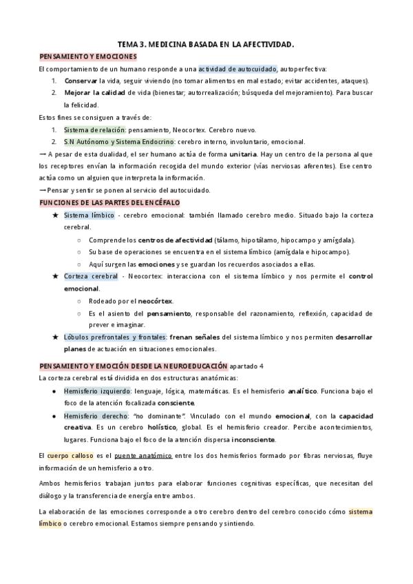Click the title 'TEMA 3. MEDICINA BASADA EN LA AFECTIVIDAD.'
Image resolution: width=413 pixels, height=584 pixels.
(206, 44)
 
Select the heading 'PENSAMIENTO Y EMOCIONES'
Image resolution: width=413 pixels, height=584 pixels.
(88, 56)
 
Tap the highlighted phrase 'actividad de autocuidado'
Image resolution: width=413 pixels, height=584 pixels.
(237, 68)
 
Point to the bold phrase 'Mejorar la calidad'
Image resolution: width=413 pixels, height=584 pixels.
(94, 93)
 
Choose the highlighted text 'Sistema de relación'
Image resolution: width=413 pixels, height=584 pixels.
(94, 129)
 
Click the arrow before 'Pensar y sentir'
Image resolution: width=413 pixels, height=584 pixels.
(43, 190)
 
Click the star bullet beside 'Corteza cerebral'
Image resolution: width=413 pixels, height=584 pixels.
(55, 276)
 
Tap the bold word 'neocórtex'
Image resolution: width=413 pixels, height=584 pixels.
(155, 301)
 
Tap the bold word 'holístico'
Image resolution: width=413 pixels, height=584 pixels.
(157, 428)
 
